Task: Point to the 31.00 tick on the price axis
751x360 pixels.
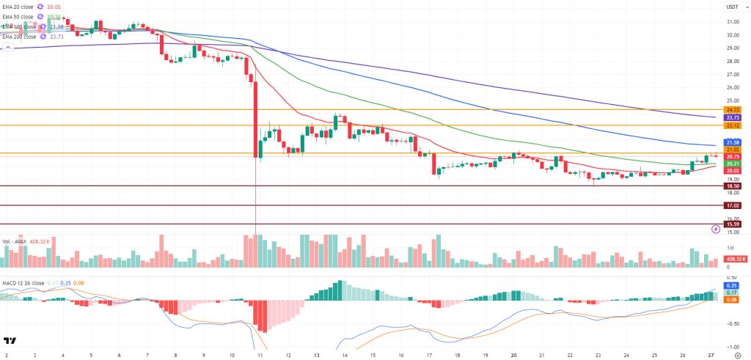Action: tap(731, 22)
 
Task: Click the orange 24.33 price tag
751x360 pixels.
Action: tap(731, 109)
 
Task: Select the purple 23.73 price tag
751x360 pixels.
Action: tap(731, 117)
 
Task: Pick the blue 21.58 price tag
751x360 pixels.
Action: tap(731, 142)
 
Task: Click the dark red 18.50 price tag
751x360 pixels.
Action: tap(731, 186)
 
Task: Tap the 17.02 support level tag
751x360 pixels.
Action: tap(731, 206)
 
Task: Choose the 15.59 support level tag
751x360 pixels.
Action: tap(731, 224)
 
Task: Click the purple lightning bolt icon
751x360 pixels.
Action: tap(716, 229)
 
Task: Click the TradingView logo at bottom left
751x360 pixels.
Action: tap(10, 341)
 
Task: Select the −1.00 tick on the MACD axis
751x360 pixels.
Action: tap(731, 347)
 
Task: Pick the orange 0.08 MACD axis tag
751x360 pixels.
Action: tap(731, 300)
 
